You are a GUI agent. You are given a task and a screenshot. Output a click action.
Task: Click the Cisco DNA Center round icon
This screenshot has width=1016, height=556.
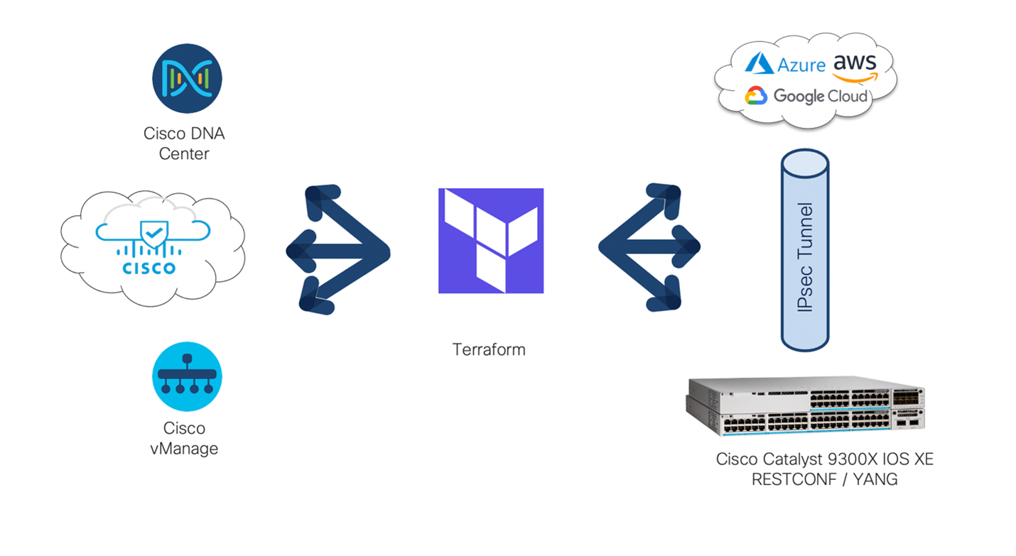(187, 79)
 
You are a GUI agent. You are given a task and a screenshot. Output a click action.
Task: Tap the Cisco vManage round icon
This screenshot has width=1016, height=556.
(187, 376)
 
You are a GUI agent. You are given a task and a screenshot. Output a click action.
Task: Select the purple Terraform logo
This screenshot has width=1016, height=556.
(491, 241)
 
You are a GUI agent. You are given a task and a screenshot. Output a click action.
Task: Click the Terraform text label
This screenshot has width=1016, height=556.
(489, 349)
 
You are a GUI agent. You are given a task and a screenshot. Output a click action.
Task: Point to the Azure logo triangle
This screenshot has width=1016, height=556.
(759, 63)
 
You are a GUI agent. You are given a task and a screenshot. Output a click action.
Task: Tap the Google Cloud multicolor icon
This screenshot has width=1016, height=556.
(756, 96)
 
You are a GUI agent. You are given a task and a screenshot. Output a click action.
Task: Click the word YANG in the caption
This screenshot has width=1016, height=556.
(875, 479)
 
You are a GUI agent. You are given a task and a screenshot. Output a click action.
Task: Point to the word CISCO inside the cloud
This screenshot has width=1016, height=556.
(149, 268)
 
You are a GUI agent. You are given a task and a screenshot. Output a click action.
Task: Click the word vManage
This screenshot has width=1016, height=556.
(184, 449)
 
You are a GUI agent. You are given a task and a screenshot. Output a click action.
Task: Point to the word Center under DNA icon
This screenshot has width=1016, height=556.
(184, 153)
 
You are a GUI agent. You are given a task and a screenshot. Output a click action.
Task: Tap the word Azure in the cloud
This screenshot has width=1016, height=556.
(801, 65)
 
